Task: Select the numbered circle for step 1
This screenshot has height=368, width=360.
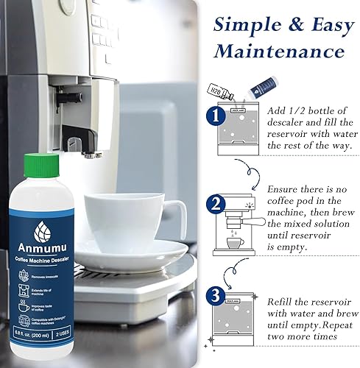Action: click(x=213, y=116)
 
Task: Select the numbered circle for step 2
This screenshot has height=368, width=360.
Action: click(x=213, y=204)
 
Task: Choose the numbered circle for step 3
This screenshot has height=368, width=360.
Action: click(x=213, y=297)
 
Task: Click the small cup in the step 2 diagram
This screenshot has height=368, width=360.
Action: click(x=235, y=244)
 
